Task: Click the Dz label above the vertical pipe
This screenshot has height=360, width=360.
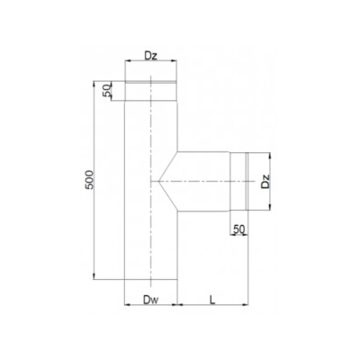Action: [x=150, y=56]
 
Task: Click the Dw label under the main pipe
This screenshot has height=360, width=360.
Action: [x=149, y=293]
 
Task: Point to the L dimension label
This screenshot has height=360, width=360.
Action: [x=209, y=294]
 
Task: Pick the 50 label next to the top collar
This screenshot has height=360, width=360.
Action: [x=108, y=90]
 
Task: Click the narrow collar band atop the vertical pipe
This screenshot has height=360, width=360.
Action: [x=150, y=90]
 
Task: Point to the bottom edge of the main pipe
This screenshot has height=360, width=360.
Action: [x=150, y=280]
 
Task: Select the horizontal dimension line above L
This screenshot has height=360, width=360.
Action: [x=211, y=302]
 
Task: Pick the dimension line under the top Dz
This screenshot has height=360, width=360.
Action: [x=150, y=65]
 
